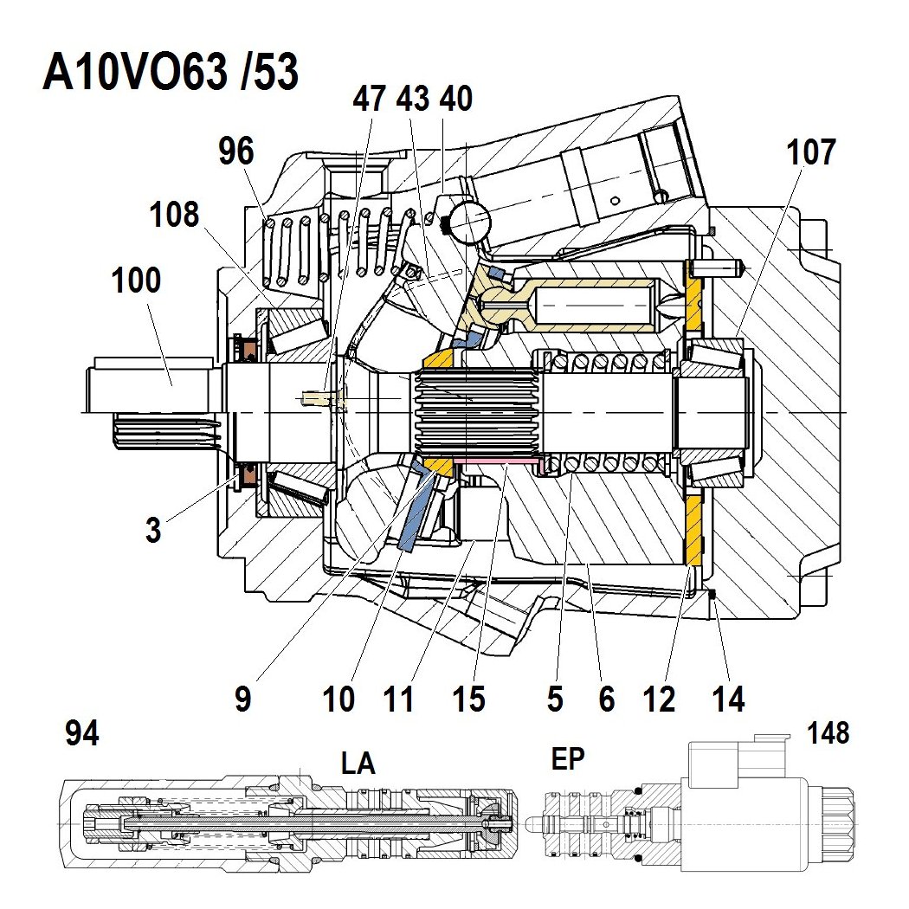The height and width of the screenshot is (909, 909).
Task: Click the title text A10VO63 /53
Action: (171, 72)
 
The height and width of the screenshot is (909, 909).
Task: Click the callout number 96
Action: (236, 151)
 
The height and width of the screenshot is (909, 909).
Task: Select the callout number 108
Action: (175, 214)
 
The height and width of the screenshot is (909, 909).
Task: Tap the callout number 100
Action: (136, 280)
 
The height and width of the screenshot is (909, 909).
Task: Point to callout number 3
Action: (153, 530)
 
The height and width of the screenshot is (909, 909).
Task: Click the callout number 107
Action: (811, 151)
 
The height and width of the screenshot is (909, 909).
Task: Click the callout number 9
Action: (243, 699)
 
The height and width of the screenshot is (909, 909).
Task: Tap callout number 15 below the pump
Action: (468, 699)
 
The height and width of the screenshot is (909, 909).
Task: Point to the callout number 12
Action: (659, 699)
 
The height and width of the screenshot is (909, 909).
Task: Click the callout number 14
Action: (729, 699)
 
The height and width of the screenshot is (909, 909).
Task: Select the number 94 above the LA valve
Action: (82, 733)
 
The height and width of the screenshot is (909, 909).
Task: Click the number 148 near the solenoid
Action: (828, 732)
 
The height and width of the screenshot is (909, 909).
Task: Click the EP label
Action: (568, 758)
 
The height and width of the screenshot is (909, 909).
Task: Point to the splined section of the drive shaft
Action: (476, 413)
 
